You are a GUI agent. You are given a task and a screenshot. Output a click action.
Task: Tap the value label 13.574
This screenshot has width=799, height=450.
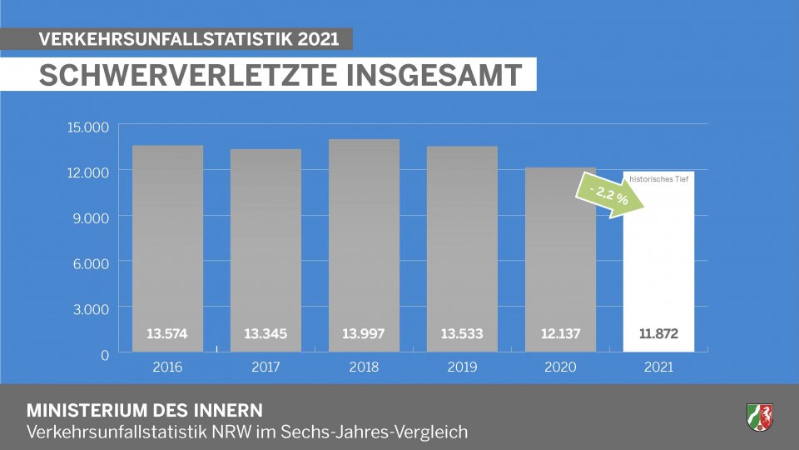(x=167, y=334)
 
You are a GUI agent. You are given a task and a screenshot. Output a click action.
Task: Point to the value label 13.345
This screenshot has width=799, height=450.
(x=266, y=334)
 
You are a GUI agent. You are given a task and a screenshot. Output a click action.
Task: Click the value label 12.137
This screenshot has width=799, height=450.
(x=560, y=334)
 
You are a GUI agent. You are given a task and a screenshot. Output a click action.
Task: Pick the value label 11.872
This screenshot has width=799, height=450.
(x=658, y=334)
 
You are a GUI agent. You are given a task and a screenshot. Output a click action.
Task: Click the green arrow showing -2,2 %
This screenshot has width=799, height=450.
(x=605, y=196)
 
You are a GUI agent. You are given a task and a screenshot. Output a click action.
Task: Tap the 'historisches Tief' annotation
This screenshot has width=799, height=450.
(x=658, y=178)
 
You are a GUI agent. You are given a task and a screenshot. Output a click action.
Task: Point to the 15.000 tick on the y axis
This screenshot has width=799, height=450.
(x=87, y=127)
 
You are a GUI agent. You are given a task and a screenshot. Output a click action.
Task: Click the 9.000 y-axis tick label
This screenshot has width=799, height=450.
(x=91, y=218)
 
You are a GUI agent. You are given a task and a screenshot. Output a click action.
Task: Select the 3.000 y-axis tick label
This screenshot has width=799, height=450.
(x=91, y=309)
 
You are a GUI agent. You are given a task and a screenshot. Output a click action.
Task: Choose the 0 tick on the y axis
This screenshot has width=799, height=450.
(x=105, y=355)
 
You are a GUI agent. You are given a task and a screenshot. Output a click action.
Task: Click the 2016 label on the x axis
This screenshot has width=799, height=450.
(x=167, y=367)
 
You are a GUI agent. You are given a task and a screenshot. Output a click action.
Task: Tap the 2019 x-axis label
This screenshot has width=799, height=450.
(x=462, y=367)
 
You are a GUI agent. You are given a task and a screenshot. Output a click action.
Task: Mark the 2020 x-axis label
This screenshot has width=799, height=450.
(x=560, y=367)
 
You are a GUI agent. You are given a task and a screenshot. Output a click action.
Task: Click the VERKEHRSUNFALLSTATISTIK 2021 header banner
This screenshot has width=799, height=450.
(x=190, y=39)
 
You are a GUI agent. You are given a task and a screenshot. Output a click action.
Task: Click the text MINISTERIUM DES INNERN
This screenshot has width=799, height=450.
(x=145, y=411)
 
